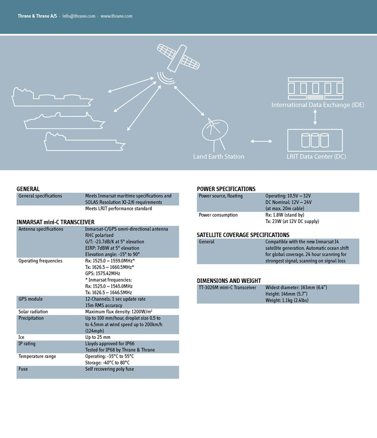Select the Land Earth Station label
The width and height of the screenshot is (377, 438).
point(219,156)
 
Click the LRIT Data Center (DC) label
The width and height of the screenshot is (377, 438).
point(316,156)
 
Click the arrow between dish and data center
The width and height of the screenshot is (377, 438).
point(262,141)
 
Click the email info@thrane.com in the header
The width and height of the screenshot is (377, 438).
point(80,16)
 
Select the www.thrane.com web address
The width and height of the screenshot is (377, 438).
point(116,16)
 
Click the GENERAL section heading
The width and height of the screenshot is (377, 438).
point(28,189)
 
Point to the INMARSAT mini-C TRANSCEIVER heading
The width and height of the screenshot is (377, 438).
point(56,222)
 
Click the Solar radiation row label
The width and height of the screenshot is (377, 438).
point(33,312)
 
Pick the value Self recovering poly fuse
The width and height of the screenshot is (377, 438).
point(109,369)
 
